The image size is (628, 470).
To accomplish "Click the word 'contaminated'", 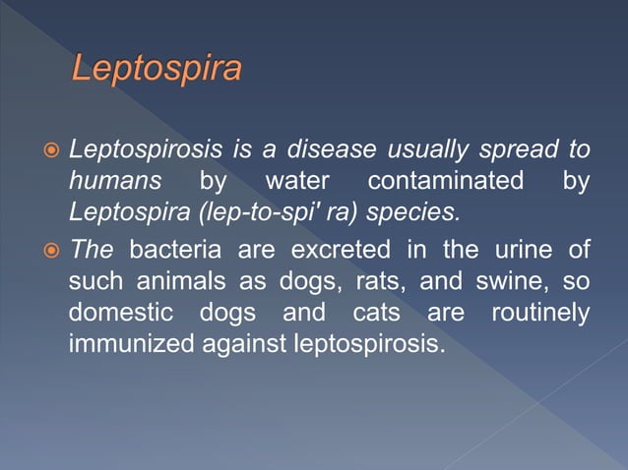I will tap(445, 181).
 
